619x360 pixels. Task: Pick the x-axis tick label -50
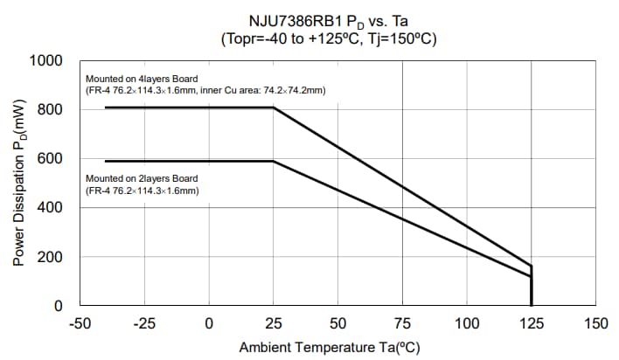(80, 323)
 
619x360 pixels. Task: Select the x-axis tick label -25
(144, 323)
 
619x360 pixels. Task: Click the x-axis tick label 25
(273, 323)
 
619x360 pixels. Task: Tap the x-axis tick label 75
(402, 323)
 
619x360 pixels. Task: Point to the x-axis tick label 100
(467, 323)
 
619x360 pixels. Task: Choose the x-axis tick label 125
(532, 323)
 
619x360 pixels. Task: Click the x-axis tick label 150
(595, 323)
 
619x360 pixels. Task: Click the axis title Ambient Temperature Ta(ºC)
(330, 348)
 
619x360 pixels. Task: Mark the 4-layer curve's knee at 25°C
(273, 107)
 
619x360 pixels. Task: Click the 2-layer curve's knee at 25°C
(273, 161)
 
